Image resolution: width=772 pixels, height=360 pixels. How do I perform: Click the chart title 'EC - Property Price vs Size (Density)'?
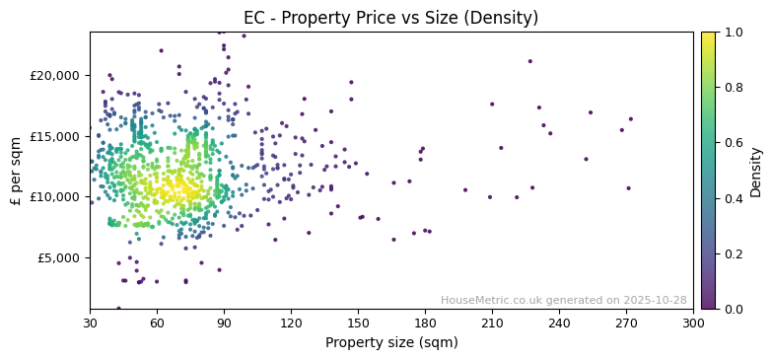coord(391,18)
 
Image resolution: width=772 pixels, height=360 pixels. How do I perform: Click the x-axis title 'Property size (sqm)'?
coord(391,343)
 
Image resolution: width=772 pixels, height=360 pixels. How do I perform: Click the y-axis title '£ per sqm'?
coord(16,171)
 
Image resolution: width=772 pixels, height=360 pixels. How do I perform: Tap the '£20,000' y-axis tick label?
coord(55,76)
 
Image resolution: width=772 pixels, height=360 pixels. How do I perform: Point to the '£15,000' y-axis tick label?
coord(55,136)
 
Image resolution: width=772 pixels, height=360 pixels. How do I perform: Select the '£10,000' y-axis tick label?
coord(55,197)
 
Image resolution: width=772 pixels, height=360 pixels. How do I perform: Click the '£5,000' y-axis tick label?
coord(59,258)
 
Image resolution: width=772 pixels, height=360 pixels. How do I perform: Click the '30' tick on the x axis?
coord(90,323)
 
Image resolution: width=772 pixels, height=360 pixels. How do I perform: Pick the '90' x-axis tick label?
coord(224,323)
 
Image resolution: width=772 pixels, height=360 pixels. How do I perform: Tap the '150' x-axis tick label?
coord(358,323)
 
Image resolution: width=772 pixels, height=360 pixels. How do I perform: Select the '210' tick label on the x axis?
coord(492,323)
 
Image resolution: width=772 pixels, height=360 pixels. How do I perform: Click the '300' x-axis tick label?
coord(693,323)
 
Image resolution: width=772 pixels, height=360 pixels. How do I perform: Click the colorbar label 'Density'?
coord(756,171)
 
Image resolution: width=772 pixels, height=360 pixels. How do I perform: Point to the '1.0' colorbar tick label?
coord(733,33)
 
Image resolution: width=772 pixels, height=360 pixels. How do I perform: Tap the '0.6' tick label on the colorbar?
coord(733,143)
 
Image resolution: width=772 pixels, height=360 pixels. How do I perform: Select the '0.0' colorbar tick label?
coord(733,310)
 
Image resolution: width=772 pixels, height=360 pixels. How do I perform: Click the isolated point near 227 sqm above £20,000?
coord(529,61)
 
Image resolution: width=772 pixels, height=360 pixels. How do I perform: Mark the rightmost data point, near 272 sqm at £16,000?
coord(631,119)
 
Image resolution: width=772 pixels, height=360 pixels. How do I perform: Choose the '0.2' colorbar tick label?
coord(733,254)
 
